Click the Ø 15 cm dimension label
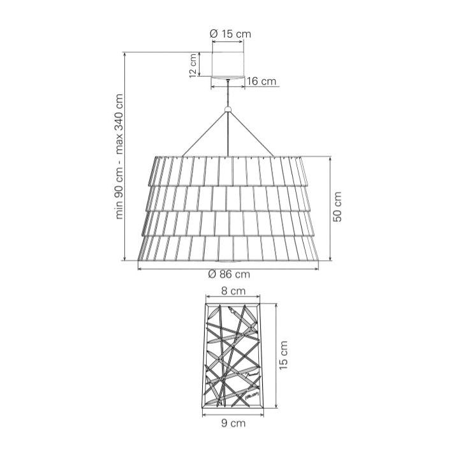point(228,33)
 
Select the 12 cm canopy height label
point(193,64)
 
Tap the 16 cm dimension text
point(261,81)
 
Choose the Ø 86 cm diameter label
point(229,274)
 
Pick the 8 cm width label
point(233,291)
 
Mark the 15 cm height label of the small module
point(284,355)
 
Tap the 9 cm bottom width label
point(233,422)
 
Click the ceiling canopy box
point(228,64)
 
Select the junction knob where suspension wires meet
point(228,112)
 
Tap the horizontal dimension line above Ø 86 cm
point(229,267)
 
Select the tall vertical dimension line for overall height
point(125,156)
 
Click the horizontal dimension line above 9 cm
point(233,413)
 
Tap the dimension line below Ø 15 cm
point(228,42)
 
